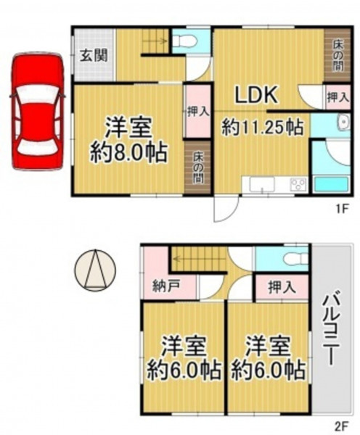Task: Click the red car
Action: tap(37, 111)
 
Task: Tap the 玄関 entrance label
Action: tap(94, 56)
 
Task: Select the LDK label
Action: tap(256, 95)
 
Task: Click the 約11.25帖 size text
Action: tap(262, 128)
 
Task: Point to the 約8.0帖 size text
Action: tap(128, 152)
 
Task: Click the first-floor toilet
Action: tap(186, 42)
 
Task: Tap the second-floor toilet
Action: tap(295, 260)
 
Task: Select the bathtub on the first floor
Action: tap(331, 184)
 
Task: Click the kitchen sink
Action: tap(262, 184)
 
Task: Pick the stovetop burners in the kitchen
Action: tap(298, 184)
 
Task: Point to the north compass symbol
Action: tap(95, 270)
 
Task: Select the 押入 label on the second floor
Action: tap(282, 287)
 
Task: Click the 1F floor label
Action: tap(342, 209)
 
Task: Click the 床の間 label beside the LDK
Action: tap(337, 56)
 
